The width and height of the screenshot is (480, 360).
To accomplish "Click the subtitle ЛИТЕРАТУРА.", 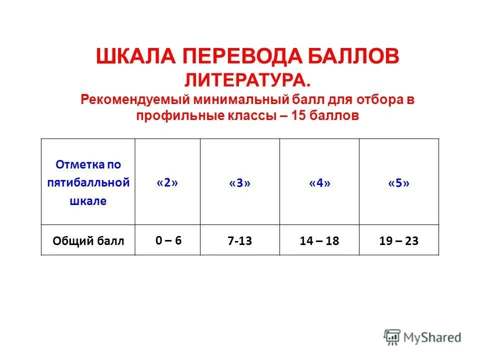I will pos(247,79).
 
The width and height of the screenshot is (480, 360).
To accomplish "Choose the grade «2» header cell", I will pos(167,182).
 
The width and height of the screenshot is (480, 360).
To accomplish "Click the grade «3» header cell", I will pos(240,183).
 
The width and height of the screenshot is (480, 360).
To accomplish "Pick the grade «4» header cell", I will pos(319,183).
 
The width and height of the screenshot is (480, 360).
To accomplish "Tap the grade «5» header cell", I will pos(398,183).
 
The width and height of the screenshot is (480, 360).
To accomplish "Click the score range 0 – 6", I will pos(168,240).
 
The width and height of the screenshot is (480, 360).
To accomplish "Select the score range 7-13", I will pos(240,241).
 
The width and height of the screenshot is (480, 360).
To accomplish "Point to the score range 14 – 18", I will pos(319,241).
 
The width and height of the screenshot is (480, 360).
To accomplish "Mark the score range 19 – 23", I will pos(398,241).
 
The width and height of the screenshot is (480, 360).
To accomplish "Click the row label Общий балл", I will pos(88,241).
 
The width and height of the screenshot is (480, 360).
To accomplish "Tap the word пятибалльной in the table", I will pos(88,182).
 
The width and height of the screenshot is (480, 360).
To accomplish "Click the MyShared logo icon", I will pos(392,336).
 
